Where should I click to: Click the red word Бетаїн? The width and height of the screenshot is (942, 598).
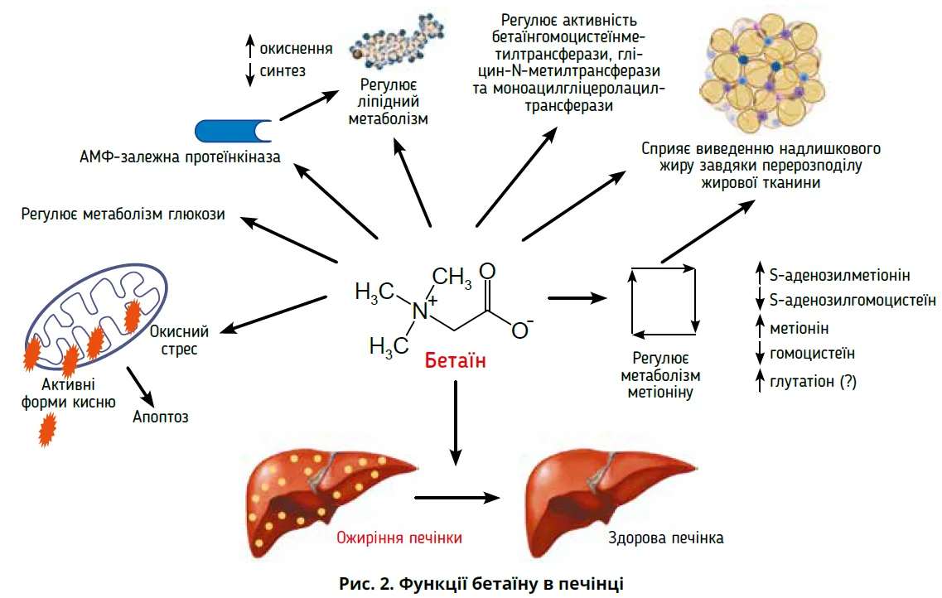pyautogui.click(x=454, y=361)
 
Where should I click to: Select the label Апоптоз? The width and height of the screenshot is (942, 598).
pyautogui.click(x=161, y=416)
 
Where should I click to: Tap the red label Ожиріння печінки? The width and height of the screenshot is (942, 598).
pyautogui.click(x=399, y=538)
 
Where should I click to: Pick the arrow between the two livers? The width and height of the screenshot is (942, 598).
pyautogui.click(x=459, y=498)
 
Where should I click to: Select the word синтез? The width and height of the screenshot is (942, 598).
pyautogui.click(x=283, y=71)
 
